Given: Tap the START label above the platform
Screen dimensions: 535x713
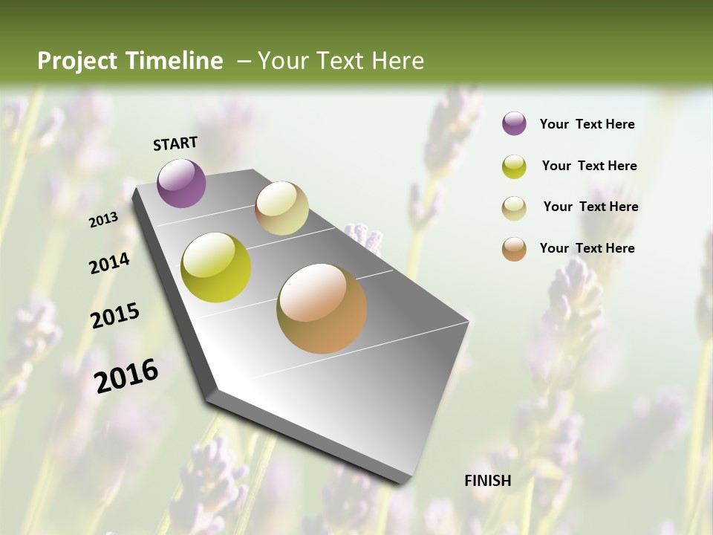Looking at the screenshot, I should tap(175, 143).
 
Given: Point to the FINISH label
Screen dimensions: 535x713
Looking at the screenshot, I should tap(488, 481).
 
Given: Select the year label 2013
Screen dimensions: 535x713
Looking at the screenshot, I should tap(104, 219).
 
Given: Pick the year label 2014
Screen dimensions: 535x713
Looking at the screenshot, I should tap(110, 263).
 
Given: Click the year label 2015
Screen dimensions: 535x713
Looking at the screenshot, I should tap(115, 316).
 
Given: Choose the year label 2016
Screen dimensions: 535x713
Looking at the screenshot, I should tap(126, 375).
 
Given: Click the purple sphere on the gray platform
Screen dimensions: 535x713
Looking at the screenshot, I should tap(182, 183).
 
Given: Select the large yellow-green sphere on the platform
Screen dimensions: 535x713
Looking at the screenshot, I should tap(216, 267).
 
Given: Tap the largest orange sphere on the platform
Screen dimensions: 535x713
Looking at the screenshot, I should tap(322, 308).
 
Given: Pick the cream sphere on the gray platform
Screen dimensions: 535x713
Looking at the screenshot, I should tap(281, 208).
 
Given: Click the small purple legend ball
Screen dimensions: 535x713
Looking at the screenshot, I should tap(514, 124).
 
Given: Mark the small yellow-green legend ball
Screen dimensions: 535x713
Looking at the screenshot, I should tap(514, 166).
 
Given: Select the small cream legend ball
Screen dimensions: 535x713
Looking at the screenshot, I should tap(514, 208).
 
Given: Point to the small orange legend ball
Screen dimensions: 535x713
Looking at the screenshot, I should tap(514, 249).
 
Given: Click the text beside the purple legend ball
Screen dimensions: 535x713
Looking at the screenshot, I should tap(587, 124).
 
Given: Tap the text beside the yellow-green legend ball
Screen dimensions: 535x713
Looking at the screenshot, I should tap(589, 166).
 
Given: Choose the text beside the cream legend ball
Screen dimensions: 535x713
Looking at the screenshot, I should tap(590, 207).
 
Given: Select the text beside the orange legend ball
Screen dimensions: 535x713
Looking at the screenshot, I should tap(587, 248).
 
